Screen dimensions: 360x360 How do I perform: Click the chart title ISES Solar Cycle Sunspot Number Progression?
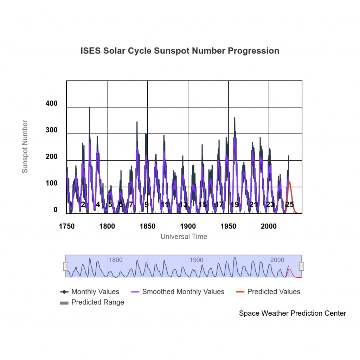[x=180, y=51]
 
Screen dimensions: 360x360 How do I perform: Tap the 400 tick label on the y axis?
[x=51, y=104]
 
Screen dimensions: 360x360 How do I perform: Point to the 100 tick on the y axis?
[x=51, y=184]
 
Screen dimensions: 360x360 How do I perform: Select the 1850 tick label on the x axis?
[x=147, y=226]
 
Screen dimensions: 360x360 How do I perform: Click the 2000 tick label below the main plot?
[x=269, y=226]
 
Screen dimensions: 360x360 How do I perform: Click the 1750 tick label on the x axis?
[x=66, y=226]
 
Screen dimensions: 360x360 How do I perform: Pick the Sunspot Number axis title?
[x=25, y=147]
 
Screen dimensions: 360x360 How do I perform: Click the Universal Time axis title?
[x=184, y=237]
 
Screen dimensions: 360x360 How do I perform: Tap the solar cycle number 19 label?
[x=234, y=205]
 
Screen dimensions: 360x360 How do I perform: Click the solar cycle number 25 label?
[x=289, y=205]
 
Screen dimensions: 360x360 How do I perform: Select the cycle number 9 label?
[x=146, y=205]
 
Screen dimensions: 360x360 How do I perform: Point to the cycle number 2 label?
[x=83, y=205]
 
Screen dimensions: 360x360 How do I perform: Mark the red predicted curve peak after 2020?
[x=289, y=182]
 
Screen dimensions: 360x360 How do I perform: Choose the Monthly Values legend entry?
[x=90, y=292]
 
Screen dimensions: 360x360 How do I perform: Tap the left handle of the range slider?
[x=65, y=266]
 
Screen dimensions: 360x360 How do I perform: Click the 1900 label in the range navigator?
[x=196, y=260]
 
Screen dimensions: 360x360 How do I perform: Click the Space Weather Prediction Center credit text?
[x=292, y=313]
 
